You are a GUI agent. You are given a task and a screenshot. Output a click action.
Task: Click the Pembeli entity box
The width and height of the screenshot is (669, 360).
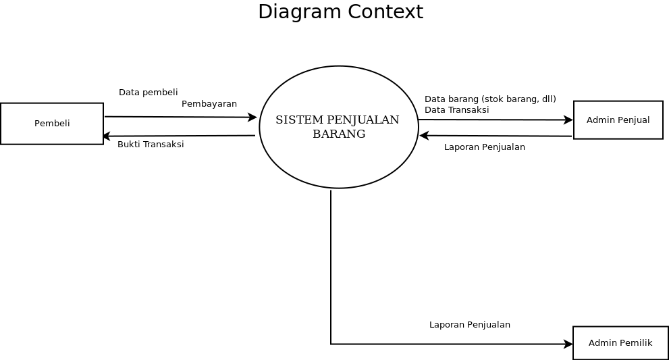click(52, 124)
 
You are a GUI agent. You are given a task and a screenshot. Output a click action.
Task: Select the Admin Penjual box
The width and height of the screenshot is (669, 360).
click(618, 120)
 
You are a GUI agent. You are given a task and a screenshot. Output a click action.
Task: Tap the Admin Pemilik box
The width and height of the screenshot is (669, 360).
click(620, 343)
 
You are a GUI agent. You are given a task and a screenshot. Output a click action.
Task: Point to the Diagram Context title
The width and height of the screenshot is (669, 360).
click(340, 12)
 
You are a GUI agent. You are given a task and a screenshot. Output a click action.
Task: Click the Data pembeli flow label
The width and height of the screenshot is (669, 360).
click(148, 93)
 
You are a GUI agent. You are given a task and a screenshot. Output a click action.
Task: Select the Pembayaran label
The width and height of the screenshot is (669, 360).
click(209, 104)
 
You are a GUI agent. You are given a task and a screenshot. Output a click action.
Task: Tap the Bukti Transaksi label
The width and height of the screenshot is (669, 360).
click(151, 145)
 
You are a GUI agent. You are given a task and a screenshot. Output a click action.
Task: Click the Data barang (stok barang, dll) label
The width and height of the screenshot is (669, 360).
click(489, 99)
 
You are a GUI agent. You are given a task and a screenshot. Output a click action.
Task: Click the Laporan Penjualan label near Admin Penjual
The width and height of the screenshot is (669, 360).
click(484, 147)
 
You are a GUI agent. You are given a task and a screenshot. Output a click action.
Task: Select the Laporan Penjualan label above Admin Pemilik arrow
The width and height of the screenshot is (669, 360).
click(469, 325)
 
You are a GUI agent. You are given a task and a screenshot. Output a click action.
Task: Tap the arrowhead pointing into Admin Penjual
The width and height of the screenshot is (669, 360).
click(569, 120)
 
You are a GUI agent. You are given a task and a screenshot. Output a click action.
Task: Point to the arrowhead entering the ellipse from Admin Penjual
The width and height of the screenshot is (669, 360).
click(423, 136)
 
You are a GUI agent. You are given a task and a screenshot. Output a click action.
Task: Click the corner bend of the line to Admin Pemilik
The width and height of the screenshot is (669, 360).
click(331, 344)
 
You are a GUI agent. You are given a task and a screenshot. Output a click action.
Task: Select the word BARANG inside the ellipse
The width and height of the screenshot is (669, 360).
click(339, 134)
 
